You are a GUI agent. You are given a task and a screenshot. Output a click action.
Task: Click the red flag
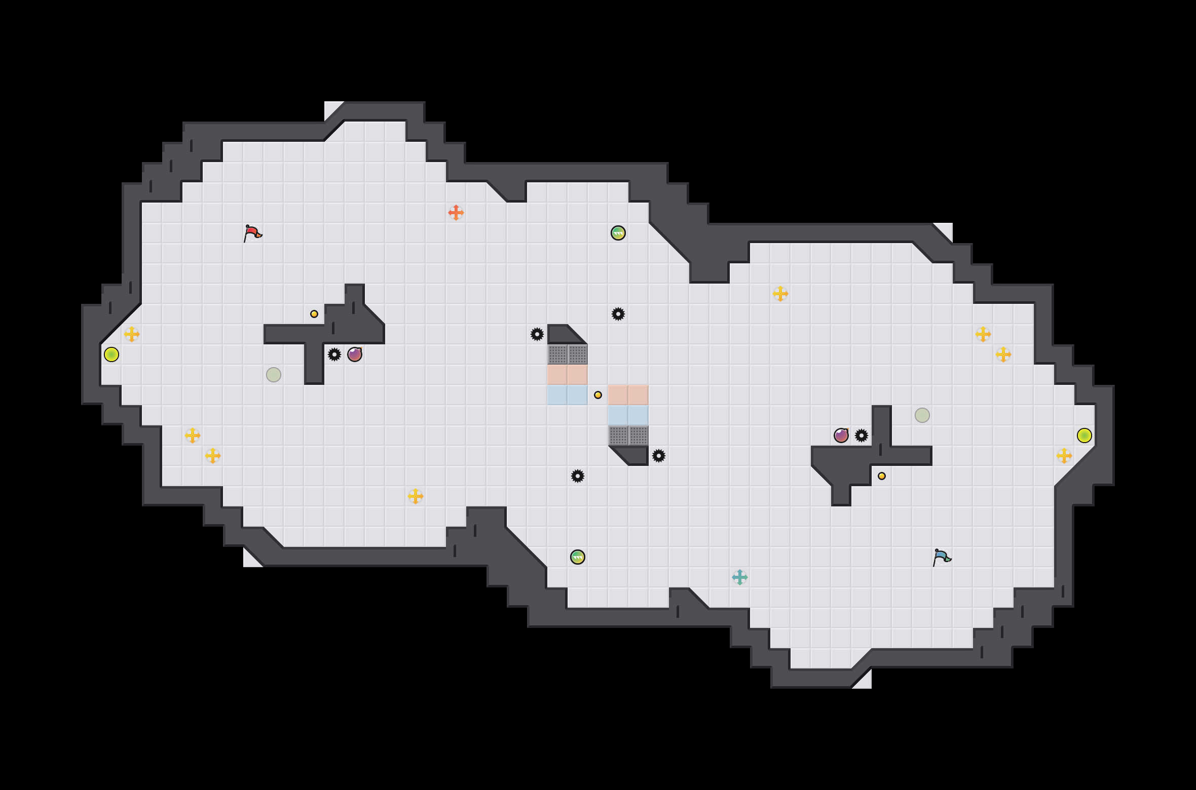click(253, 232)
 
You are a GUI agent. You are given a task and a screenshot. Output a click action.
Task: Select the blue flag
click(942, 557)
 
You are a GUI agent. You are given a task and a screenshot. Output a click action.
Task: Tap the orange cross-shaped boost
click(456, 213)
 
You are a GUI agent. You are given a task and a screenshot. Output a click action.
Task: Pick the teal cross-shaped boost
click(739, 577)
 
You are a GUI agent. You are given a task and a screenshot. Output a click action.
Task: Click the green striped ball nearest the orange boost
click(618, 233)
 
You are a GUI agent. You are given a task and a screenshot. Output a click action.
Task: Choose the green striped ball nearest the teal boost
click(577, 557)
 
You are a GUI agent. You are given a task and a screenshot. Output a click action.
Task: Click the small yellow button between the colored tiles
click(598, 395)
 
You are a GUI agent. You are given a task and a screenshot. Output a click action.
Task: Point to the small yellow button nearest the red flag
click(314, 314)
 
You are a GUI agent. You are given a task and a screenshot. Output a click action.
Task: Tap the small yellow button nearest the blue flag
click(882, 476)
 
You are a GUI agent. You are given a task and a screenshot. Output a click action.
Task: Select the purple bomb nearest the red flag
click(355, 354)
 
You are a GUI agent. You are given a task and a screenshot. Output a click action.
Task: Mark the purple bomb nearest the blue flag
click(841, 436)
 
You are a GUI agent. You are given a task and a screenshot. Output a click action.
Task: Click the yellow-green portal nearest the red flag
click(111, 354)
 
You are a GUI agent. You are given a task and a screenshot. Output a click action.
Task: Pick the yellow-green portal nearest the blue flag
click(1084, 436)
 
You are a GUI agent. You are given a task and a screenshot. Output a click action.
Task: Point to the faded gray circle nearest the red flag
click(274, 375)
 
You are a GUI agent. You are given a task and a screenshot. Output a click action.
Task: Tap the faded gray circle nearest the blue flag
click(922, 415)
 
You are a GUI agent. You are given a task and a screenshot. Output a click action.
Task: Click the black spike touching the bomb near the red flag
click(334, 354)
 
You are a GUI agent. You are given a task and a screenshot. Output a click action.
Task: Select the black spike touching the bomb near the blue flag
click(862, 436)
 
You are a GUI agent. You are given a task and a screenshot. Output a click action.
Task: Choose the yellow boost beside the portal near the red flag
click(132, 334)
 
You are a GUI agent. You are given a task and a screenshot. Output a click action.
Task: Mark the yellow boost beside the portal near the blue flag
click(1064, 456)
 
